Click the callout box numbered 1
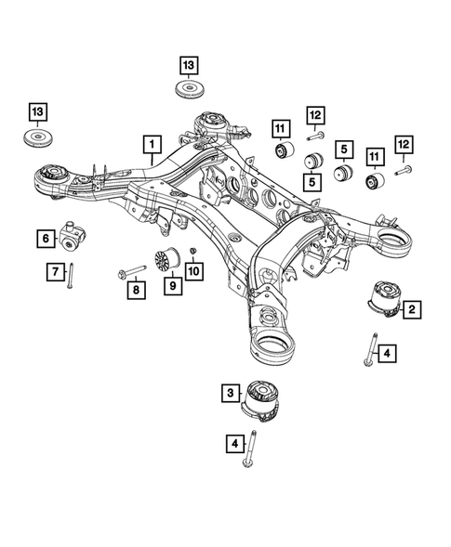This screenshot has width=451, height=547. (x=150, y=144)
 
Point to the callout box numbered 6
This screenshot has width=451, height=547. (x=46, y=239)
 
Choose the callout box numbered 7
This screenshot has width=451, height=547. (x=55, y=271)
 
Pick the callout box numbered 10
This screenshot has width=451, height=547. (x=193, y=270)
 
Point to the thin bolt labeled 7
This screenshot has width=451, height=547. (x=70, y=276)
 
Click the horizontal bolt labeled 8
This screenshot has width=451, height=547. (x=132, y=270)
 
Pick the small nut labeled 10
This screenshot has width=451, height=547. (x=192, y=253)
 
